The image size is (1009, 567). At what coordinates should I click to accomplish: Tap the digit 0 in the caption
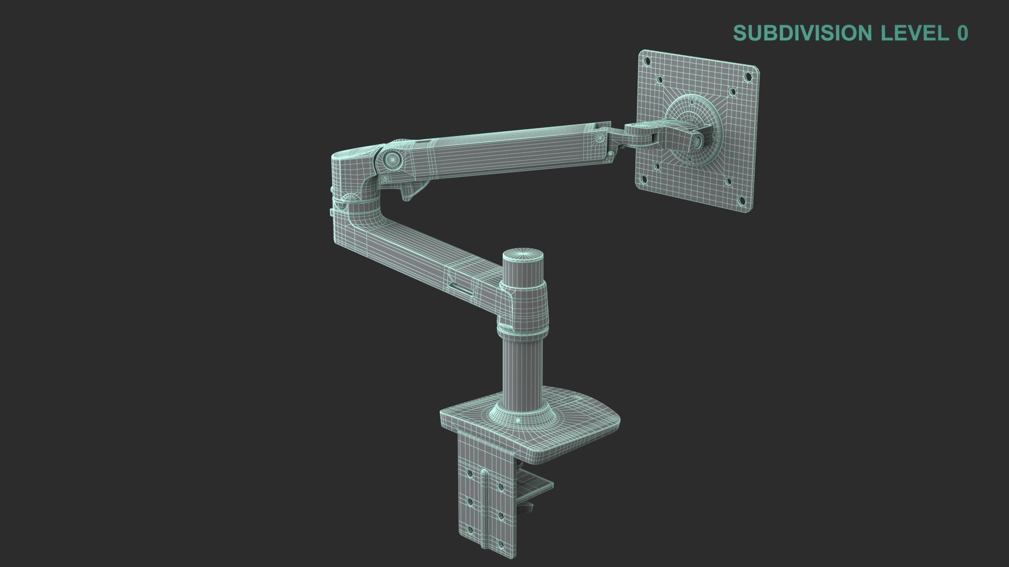[962, 33]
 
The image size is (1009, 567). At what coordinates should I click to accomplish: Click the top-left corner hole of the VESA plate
[647, 61]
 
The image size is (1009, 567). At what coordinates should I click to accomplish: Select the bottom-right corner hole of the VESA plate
[742, 201]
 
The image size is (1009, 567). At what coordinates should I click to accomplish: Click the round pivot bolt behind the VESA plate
[698, 142]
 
